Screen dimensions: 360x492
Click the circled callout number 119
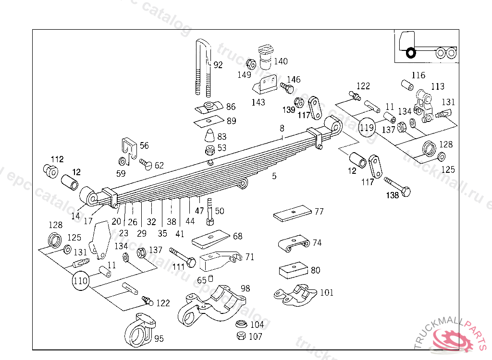point(368,127)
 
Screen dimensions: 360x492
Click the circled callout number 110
point(81,280)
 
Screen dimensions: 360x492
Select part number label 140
point(281,61)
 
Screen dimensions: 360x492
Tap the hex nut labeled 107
point(241,336)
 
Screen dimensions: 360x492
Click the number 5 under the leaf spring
point(274,176)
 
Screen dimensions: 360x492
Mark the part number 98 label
point(246,288)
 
